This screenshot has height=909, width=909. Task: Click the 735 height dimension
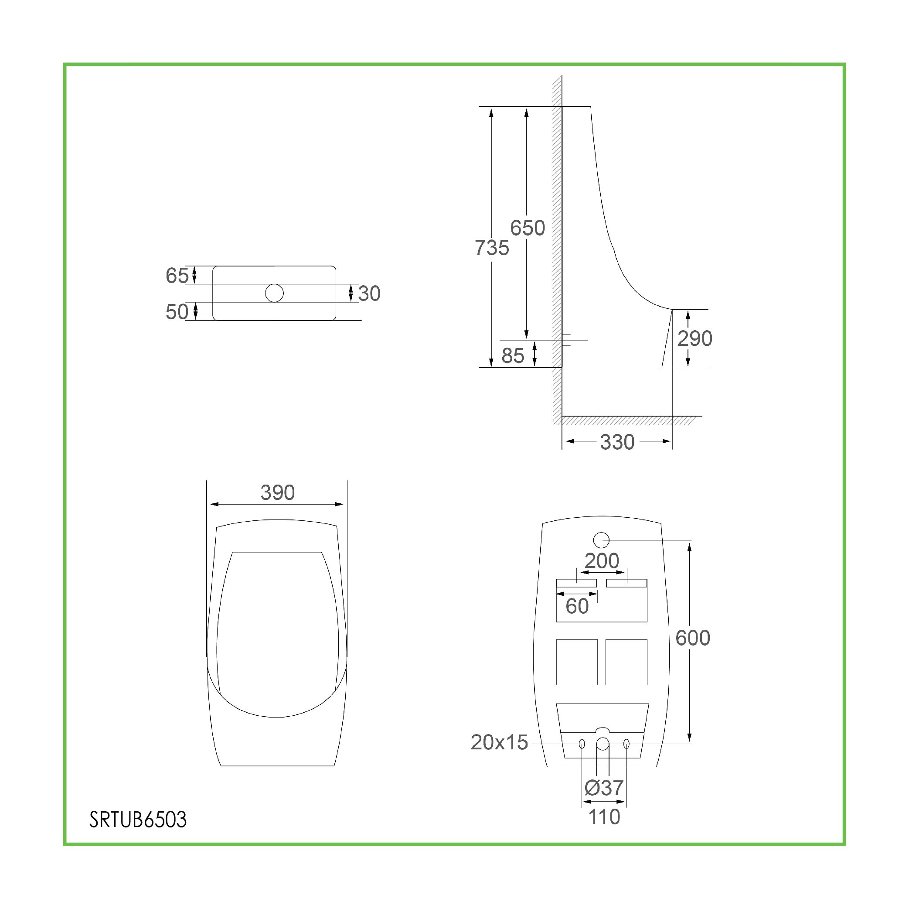coord(492,248)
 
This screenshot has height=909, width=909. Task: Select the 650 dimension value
coord(528,228)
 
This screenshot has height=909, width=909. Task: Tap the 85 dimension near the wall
coord(512,356)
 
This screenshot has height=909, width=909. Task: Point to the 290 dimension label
coord(695,338)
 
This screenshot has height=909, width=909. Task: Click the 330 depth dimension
coord(617,442)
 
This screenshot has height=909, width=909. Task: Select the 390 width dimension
coord(278,492)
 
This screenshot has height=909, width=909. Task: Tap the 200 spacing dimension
coord(602,560)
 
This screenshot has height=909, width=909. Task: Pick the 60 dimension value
coord(577,606)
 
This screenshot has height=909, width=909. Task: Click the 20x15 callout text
coord(499,742)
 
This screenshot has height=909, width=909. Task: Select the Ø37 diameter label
coord(604,788)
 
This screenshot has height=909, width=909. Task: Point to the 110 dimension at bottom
coord(604,817)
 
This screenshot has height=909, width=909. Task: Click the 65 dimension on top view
coord(177,275)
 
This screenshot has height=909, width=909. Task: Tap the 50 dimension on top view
coord(177,311)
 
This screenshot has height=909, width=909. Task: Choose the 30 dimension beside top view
coord(369,293)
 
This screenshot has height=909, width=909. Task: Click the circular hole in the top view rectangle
coord(274,293)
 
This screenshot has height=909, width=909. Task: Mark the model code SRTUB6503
coord(138,820)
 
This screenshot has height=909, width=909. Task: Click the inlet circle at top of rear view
coord(601,540)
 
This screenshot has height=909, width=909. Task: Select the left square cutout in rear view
coord(577,662)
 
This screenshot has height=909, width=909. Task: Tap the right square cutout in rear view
coord(626,662)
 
